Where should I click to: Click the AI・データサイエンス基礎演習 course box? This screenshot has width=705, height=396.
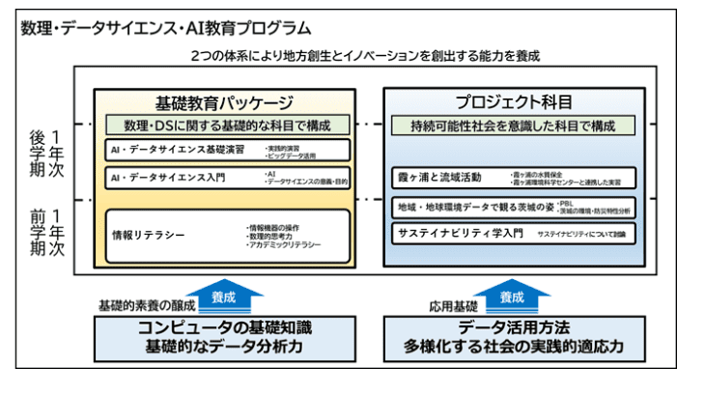click(x=227, y=151)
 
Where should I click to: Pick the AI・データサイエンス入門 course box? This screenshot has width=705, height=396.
click(x=227, y=177)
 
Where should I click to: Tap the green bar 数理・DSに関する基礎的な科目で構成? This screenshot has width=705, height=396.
click(x=224, y=126)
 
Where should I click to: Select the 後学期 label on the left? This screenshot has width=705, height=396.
click(x=37, y=153)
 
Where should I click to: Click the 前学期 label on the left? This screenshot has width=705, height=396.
click(x=37, y=233)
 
